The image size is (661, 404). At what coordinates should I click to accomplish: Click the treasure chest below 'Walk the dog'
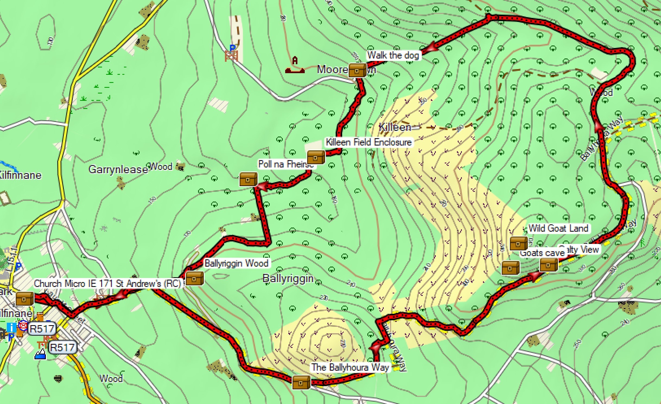pos(357,70)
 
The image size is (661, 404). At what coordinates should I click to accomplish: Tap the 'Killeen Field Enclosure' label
pos(368,142)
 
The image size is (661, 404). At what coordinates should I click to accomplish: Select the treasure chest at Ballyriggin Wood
pos(194,278)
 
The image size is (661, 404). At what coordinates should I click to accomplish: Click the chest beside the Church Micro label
pos(24,299)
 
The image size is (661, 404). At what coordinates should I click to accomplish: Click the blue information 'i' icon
pos(11,327)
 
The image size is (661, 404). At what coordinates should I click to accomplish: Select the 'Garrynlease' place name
pos(118,170)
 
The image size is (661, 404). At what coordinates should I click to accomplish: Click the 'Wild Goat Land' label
pos(558,228)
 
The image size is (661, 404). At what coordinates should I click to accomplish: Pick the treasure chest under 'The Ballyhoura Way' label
pos(301,382)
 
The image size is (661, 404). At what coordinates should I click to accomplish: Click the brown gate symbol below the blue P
pos(231,56)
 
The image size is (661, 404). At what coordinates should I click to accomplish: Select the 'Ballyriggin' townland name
pos(288,279)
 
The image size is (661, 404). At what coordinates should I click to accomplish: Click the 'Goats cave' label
pos(542,253)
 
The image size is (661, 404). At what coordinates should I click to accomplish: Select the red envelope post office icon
pos(23,325)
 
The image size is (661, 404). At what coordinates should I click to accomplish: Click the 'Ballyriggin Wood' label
pos(236,263)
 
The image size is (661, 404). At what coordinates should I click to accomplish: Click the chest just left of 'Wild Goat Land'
pos(519,243)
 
